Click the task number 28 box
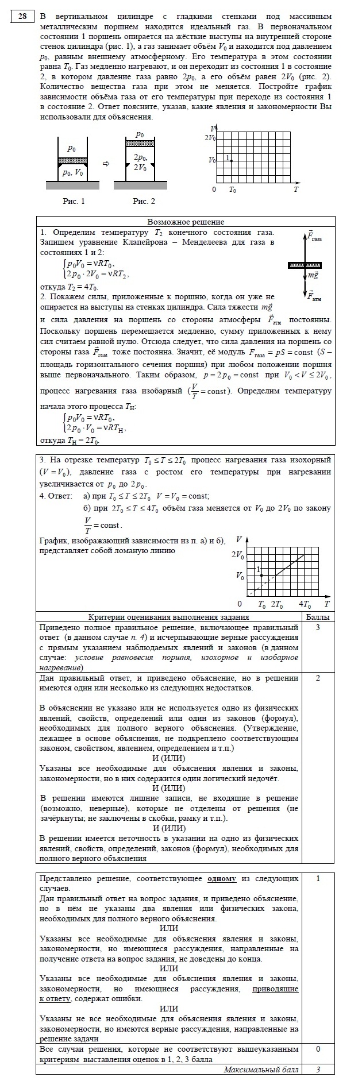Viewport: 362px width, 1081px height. (x=22, y=17)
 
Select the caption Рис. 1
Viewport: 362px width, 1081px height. (x=74, y=201)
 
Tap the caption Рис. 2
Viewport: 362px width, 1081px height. (x=144, y=201)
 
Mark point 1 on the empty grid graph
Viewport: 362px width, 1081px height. (x=230, y=160)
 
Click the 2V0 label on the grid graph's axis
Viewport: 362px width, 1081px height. (x=210, y=138)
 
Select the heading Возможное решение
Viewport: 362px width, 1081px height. (x=186, y=222)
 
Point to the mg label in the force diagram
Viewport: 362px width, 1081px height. (x=313, y=276)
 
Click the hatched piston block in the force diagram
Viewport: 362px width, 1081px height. (x=305, y=265)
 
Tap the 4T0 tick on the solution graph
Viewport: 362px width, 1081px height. (x=305, y=605)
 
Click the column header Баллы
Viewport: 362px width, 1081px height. (x=318, y=617)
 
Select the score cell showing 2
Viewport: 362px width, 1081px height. (x=318, y=678)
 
